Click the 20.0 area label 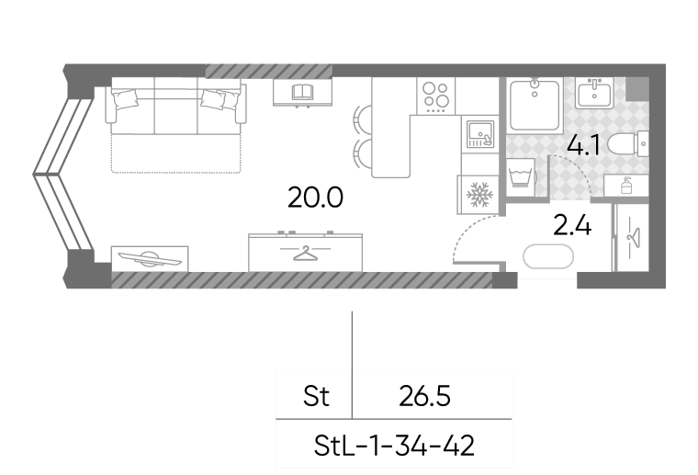pos(315,198)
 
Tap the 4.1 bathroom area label pos(583,145)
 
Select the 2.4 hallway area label pos(572,225)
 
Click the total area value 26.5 pos(424,396)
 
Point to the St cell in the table pos(316,396)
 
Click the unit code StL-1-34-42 pos(394,446)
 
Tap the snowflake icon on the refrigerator pos(479,195)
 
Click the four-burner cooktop pos(436,96)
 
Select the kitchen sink pos(479,134)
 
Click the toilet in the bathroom pos(627,144)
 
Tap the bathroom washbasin pos(594,93)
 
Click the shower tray pos(535,105)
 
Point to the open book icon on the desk pos(303,92)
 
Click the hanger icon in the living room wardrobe pos(305,253)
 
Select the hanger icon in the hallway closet pos(633,237)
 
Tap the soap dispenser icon pos(626,186)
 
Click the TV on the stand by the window pos(150,258)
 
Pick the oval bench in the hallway pos(548,257)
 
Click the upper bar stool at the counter pos(362,119)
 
